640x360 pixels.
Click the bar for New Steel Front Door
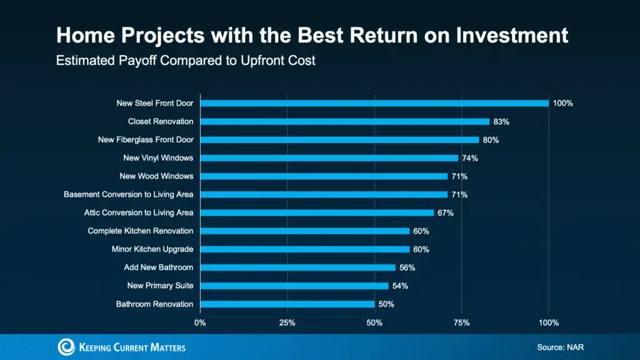click(374, 103)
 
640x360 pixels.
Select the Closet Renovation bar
click(344, 121)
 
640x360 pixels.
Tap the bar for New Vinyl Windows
click(329, 158)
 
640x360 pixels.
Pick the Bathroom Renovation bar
click(287, 304)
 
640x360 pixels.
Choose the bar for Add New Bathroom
click(297, 267)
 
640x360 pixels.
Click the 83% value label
click(501, 121)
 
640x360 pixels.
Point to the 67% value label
click(446, 213)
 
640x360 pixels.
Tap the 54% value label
click(400, 286)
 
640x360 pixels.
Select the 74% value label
click(470, 158)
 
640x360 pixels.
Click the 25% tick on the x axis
click(287, 322)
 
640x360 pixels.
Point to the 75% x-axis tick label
click(461, 322)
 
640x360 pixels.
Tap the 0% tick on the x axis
click(200, 322)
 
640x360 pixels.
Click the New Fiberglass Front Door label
click(146, 140)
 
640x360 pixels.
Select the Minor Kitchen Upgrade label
click(152, 249)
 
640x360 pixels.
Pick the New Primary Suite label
click(160, 286)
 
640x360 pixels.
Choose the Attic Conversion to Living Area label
click(139, 213)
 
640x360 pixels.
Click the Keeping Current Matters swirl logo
click(66, 347)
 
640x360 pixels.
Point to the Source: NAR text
click(559, 347)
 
